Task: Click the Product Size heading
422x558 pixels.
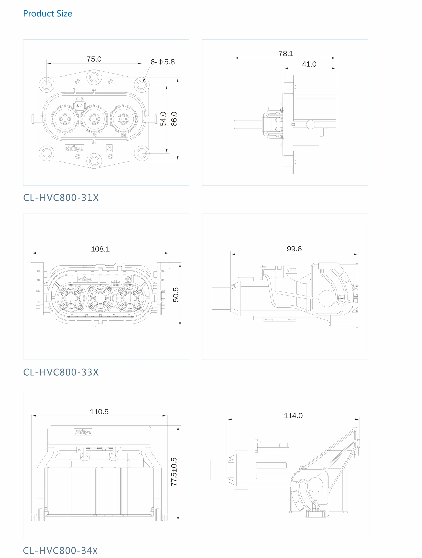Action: (x=47, y=13)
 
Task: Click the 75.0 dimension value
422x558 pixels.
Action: (x=94, y=59)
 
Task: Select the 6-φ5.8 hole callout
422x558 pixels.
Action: (x=162, y=62)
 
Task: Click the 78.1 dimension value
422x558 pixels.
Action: (x=286, y=53)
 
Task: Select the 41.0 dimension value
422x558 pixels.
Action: (x=309, y=64)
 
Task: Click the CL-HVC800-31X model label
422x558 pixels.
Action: (x=61, y=198)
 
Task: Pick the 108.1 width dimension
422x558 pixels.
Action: (x=100, y=249)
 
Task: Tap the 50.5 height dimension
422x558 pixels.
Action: (x=176, y=295)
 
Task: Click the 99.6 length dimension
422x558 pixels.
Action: (x=294, y=249)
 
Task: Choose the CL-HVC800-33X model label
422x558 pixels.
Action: (x=61, y=372)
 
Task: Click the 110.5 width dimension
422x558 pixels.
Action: (x=99, y=412)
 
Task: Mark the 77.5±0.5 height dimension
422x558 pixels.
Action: (x=174, y=472)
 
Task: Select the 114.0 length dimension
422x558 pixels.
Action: (x=293, y=415)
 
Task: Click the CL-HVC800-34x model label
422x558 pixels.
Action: (x=60, y=550)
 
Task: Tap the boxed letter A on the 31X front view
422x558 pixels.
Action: (x=109, y=148)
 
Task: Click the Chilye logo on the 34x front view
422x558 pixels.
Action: (x=83, y=432)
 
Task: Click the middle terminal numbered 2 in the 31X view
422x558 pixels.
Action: (x=94, y=119)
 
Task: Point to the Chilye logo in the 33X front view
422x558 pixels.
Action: (x=85, y=279)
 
